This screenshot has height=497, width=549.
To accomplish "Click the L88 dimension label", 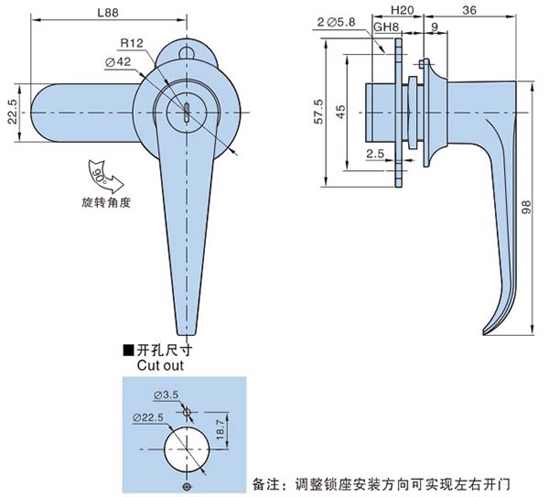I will [x=109, y=14].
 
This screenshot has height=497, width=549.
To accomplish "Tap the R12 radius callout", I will [x=131, y=44].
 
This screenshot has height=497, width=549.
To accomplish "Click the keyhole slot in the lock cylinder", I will [x=186, y=113].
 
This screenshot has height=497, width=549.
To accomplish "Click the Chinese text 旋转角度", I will [x=106, y=201].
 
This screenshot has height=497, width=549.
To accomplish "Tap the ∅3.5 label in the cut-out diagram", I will [x=167, y=394].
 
